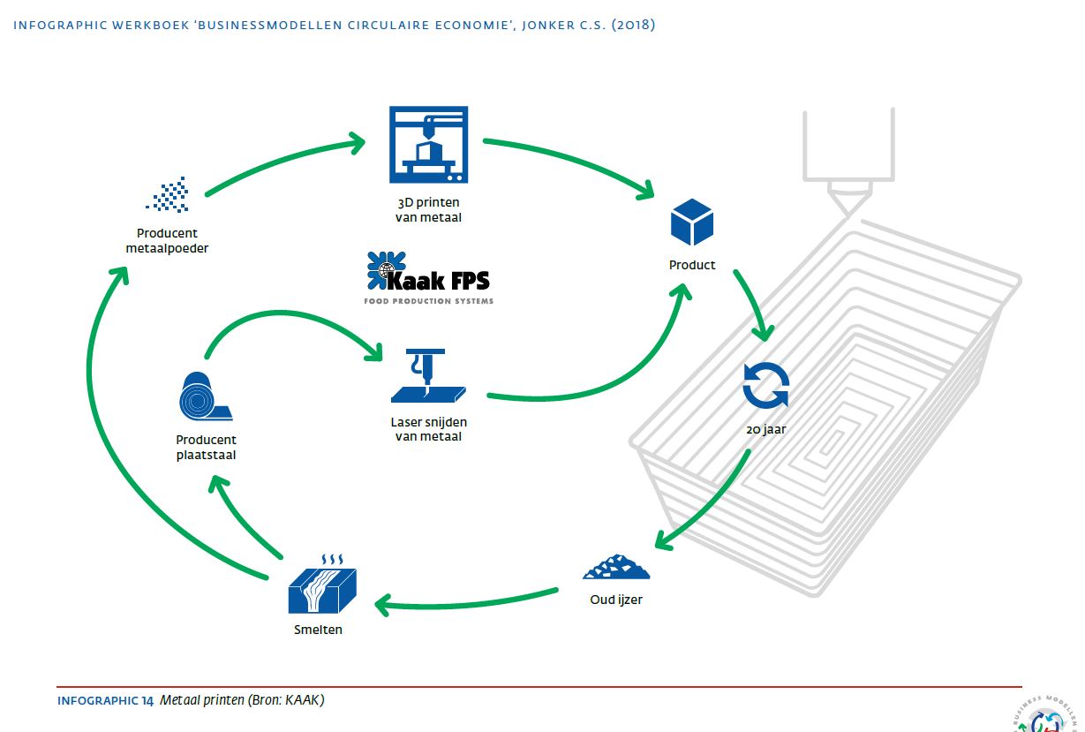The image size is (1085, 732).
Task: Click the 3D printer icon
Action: click(428, 146)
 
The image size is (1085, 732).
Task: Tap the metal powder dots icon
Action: click(168, 195)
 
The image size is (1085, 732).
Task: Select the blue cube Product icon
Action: click(691, 222)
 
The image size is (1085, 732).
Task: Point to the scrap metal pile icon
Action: click(615, 567)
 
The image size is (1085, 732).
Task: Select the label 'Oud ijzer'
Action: click(615, 600)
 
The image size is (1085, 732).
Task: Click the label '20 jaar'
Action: click(765, 431)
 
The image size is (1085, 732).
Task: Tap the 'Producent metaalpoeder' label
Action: click(167, 241)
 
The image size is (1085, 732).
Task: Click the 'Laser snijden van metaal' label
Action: click(428, 428)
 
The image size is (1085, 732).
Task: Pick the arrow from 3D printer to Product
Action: click(574, 159)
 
